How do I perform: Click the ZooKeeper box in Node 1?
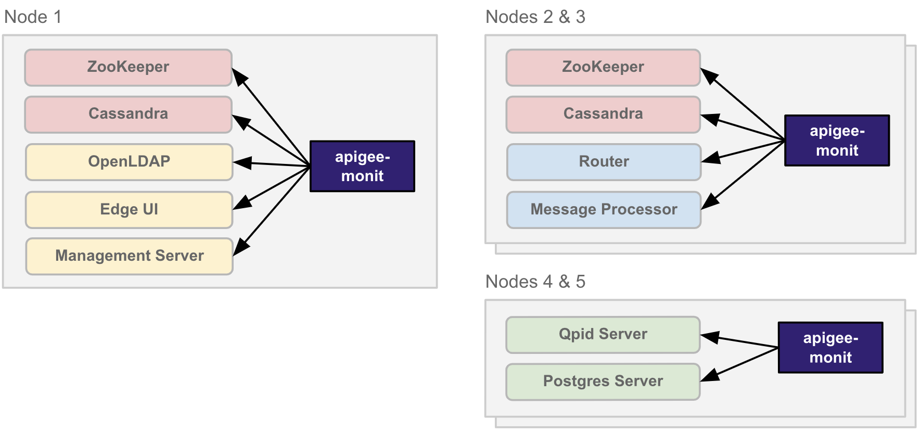pos(128,68)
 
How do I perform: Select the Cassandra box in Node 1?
pos(128,115)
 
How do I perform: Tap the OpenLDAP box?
pos(129,162)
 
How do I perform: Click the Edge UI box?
pos(129,210)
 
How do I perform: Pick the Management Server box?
pos(129,256)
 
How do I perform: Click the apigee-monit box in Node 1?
pos(362,166)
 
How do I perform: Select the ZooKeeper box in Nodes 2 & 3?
pos(603,68)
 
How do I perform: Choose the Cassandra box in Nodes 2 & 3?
pos(603,115)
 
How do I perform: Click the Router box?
pos(604,162)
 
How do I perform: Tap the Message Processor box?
pos(604,210)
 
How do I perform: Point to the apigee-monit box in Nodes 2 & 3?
pos(837,141)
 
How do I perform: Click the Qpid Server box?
pos(603,335)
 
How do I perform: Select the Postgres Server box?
pos(603,382)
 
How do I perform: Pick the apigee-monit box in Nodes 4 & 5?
pos(830,348)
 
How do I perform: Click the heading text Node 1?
pos(33,17)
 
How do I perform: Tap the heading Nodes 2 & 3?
pos(535,17)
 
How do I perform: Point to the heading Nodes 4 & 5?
pos(535,282)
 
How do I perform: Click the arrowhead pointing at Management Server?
pos(240,247)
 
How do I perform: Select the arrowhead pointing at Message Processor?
pos(709,202)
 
